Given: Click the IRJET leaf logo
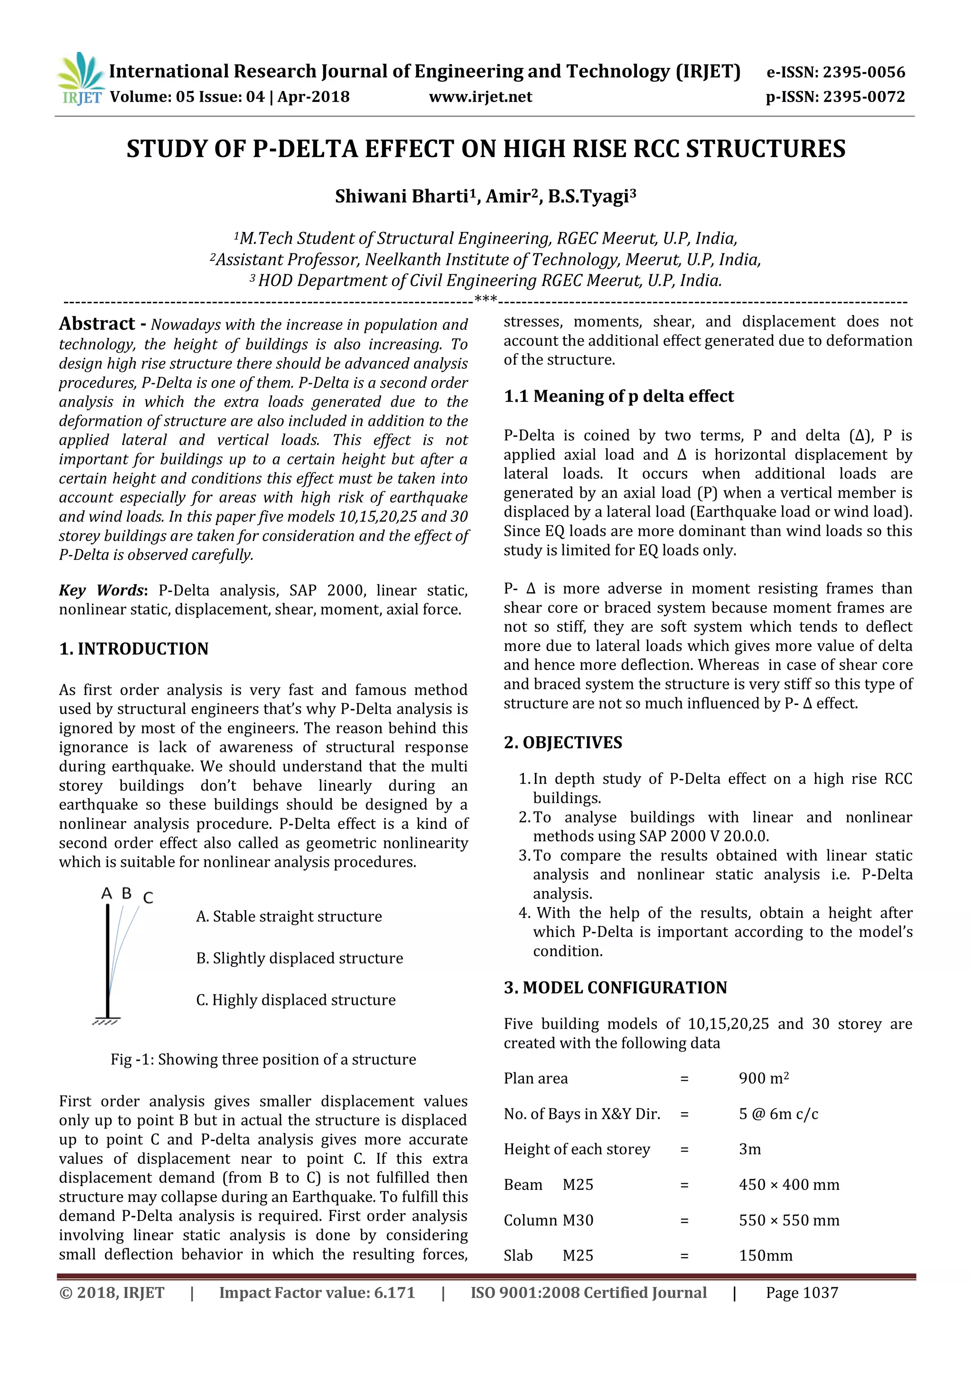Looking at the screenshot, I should coord(81,78).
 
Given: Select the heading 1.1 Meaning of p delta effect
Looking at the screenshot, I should coord(618,396).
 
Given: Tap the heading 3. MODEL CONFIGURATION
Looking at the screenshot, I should coord(615,987).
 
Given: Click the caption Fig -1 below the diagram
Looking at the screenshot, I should coord(263,1059).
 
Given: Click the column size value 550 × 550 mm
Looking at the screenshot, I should coord(788,1220).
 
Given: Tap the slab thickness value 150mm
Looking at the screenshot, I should coord(765,1255).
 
